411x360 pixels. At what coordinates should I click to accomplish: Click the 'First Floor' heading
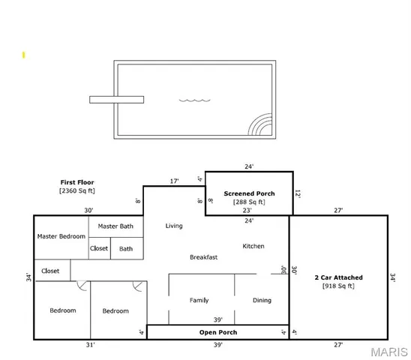click(x=77, y=182)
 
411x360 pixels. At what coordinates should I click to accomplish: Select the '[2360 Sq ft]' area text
click(x=77, y=191)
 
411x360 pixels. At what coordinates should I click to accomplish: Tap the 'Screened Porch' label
click(x=249, y=193)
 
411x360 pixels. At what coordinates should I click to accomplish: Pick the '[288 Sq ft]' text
click(x=249, y=202)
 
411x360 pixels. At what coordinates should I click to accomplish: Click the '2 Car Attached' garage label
click(x=338, y=277)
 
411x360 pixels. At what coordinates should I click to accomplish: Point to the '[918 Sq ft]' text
click(x=338, y=286)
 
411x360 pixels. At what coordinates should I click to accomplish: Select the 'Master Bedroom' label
click(x=61, y=236)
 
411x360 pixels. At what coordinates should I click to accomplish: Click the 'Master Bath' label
click(x=115, y=226)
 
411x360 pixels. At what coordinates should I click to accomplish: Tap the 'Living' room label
click(x=174, y=226)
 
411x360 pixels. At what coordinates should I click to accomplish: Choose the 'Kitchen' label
click(x=253, y=246)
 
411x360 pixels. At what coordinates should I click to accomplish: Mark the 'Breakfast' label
click(x=204, y=257)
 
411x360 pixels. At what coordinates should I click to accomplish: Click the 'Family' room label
click(x=199, y=301)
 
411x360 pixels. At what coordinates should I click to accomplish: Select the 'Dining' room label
click(x=262, y=301)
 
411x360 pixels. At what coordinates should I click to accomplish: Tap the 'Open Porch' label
click(x=217, y=331)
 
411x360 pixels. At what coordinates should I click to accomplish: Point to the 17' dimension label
click(x=174, y=181)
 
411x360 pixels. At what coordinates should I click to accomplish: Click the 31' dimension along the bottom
click(x=90, y=345)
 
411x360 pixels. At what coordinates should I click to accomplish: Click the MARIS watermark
click(x=389, y=350)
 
